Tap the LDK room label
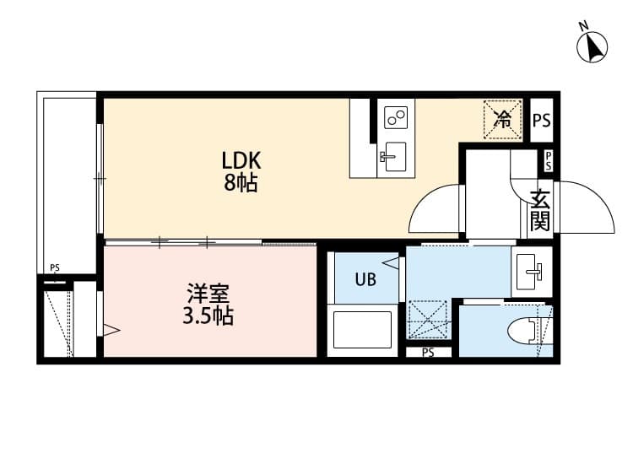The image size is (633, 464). [241, 160]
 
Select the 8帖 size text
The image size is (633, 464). [241, 184]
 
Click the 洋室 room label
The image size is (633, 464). [208, 295]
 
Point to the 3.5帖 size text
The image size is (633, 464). [208, 317]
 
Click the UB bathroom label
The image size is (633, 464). [365, 279]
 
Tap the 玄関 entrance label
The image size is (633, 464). [540, 211]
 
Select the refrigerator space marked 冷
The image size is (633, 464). [502, 118]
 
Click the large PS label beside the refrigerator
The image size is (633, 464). [541, 120]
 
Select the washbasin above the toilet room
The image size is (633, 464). [532, 272]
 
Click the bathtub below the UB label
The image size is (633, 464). [362, 330]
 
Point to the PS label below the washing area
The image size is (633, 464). [428, 353]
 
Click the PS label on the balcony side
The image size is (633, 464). [55, 268]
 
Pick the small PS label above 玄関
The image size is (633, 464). [548, 161]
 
